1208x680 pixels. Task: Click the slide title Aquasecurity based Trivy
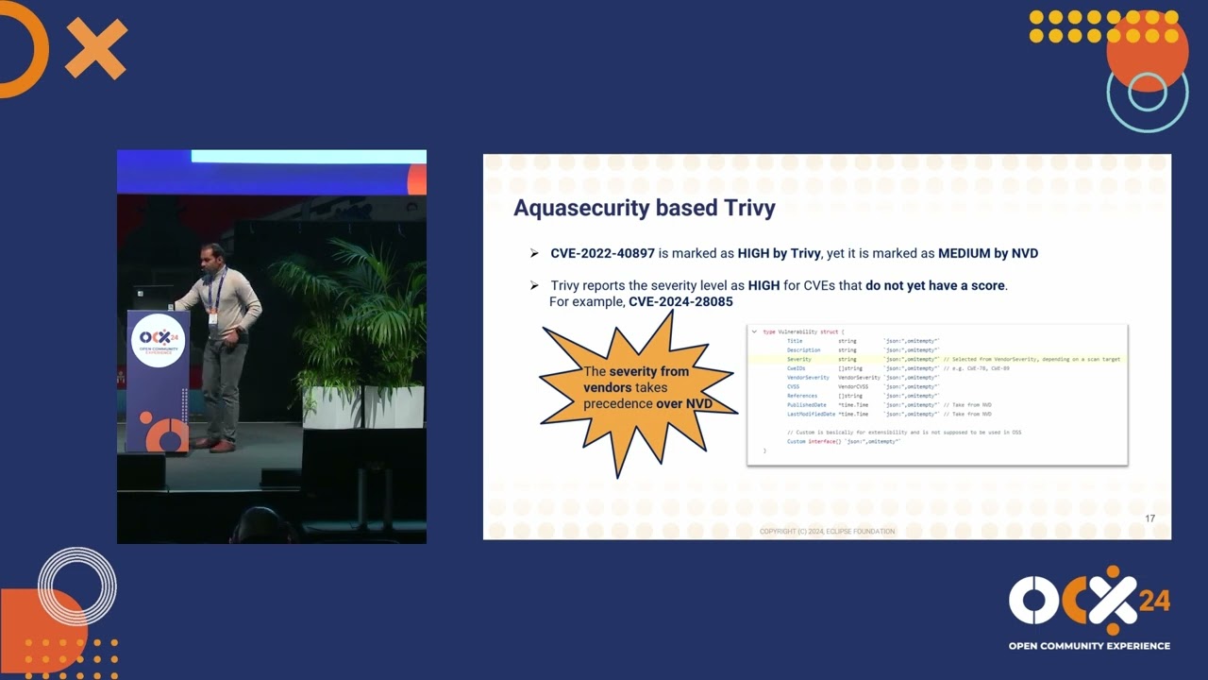(644, 209)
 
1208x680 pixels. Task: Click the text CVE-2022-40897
(602, 253)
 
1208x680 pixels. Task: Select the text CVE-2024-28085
(680, 301)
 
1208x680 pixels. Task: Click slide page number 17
(1149, 518)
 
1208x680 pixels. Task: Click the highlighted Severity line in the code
(798, 360)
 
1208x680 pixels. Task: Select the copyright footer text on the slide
(827, 532)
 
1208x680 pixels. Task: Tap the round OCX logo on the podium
(159, 341)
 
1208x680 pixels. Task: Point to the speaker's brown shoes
(214, 444)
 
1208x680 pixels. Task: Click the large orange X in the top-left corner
(95, 49)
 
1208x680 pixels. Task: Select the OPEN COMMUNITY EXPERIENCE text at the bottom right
(1089, 646)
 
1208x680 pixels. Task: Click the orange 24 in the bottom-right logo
(1153, 602)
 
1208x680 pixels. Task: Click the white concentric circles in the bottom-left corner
(77, 586)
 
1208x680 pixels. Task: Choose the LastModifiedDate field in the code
(811, 414)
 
